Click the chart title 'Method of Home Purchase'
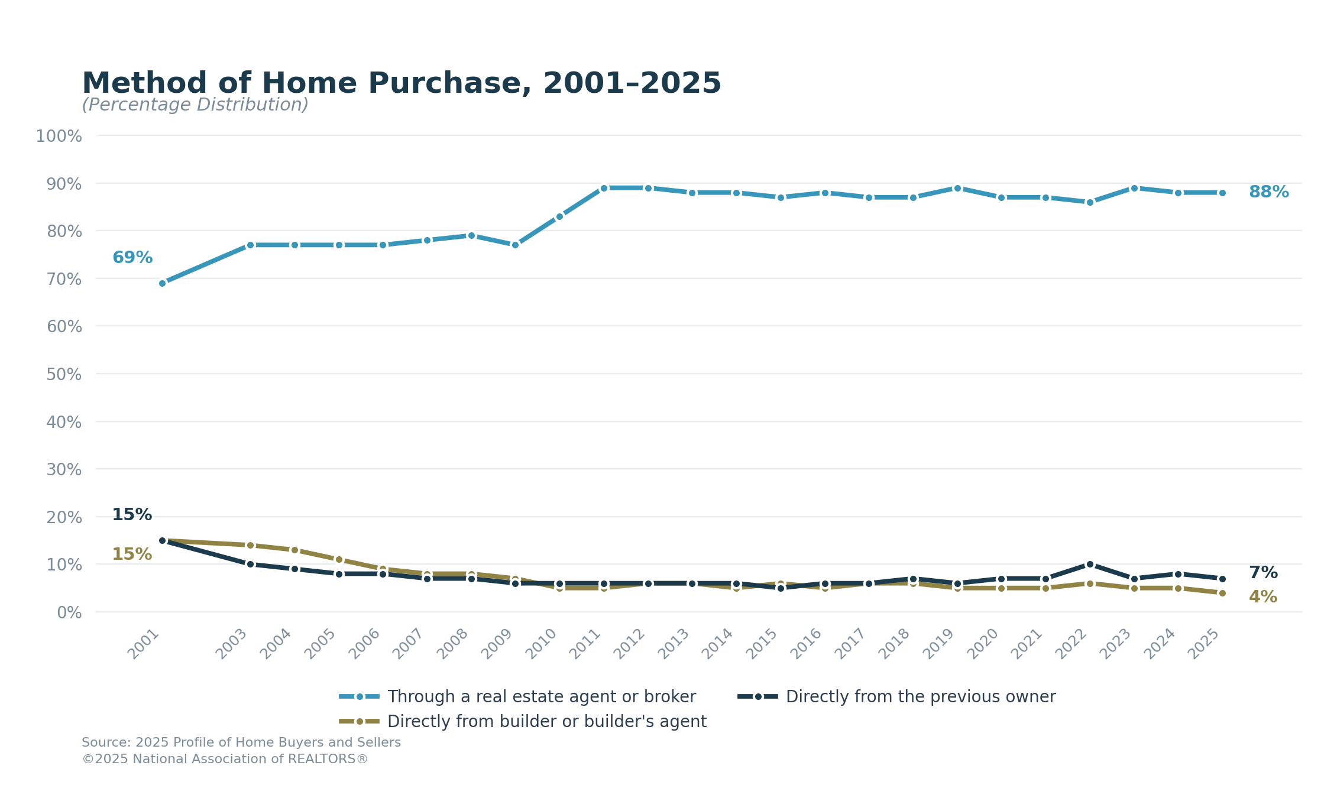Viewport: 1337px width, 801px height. click(401, 83)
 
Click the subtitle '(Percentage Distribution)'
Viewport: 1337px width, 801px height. click(195, 105)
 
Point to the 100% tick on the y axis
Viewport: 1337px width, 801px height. click(59, 137)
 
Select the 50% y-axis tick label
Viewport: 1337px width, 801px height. click(64, 375)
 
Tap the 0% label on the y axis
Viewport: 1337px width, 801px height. click(69, 613)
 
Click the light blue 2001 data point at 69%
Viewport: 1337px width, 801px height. click(163, 283)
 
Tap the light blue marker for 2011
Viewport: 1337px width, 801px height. click(604, 188)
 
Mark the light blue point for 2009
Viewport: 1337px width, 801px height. click(515, 245)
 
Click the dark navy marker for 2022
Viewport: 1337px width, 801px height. click(1090, 564)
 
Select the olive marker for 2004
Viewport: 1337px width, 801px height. click(294, 550)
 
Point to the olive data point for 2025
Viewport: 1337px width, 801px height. click(1222, 593)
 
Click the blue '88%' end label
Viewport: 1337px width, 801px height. click(1268, 192)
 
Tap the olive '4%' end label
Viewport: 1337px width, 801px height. click(1262, 597)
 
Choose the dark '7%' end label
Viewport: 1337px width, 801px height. click(1263, 573)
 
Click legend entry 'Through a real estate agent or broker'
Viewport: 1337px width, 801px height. click(541, 696)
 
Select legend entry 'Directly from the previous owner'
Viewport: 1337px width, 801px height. click(920, 696)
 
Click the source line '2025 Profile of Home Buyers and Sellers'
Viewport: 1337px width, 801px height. click(241, 742)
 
